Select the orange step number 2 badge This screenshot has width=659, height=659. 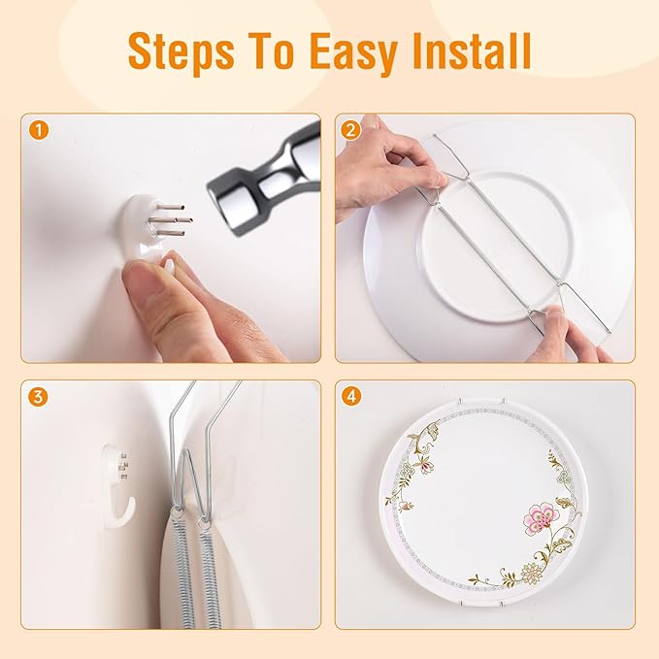[x=350, y=130]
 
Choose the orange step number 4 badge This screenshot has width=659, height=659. [x=350, y=396]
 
